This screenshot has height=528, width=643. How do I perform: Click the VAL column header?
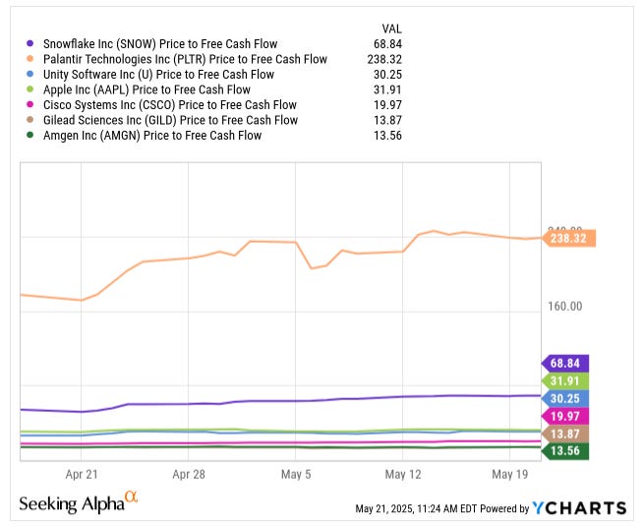pos(390,28)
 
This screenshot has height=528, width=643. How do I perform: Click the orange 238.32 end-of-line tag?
pos(569,238)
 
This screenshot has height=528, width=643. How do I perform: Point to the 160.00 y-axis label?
pos(564,306)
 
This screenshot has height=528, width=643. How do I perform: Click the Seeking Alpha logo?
pos(79,503)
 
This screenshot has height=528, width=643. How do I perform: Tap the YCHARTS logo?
pos(579,507)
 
